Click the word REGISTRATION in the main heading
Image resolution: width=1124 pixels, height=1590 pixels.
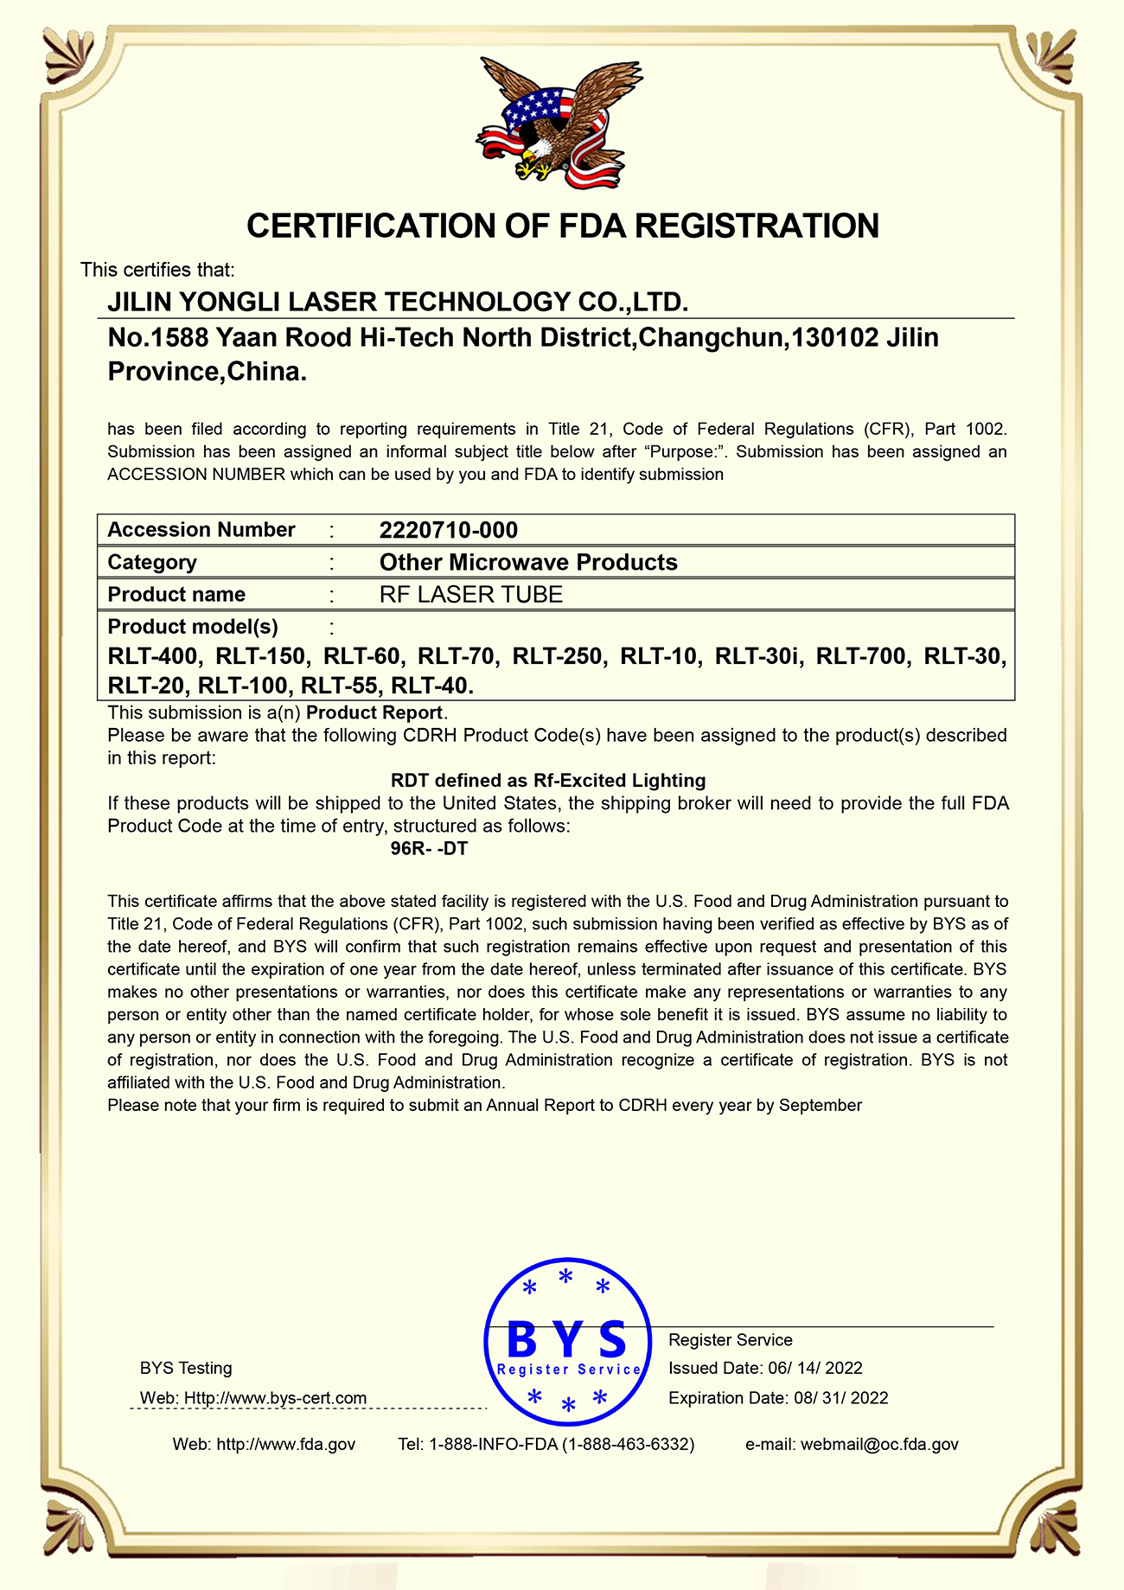[757, 226]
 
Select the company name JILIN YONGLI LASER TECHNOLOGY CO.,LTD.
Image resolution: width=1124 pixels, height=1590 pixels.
[398, 302]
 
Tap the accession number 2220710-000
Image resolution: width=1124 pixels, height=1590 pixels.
[449, 530]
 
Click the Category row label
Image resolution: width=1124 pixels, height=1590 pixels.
[152, 562]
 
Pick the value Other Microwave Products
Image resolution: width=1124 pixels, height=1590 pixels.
[528, 562]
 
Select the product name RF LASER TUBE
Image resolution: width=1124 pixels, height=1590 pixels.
[471, 595]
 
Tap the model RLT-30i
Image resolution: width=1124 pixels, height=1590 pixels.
[758, 656]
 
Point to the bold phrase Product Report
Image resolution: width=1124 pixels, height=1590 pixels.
[374, 713]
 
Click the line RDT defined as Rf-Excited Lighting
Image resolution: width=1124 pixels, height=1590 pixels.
[548, 781]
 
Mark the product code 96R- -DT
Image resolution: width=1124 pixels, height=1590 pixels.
[429, 848]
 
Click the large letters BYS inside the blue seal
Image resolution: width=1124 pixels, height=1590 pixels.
[567, 1340]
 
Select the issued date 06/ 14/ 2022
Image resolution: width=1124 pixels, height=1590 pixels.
[814, 1368]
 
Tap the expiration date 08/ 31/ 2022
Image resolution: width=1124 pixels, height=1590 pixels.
[840, 1398]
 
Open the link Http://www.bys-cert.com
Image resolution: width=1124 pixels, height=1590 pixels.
[275, 1398]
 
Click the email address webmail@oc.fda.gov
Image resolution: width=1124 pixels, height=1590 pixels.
[879, 1444]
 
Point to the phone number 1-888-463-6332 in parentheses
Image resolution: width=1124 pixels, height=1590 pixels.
[628, 1444]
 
